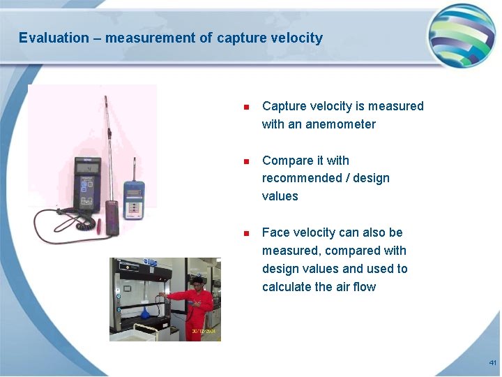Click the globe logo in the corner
coord(461,36)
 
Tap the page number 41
coord(492,363)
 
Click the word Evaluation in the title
coord(54,38)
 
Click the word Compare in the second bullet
coord(284,161)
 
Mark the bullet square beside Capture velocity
coord(245,107)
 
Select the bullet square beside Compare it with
coord(245,161)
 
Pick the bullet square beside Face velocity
coord(245,233)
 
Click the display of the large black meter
coord(87,170)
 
